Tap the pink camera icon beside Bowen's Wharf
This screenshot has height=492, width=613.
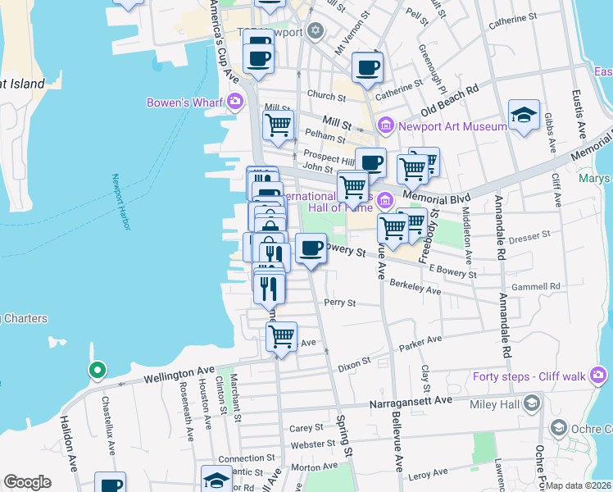click(236, 102)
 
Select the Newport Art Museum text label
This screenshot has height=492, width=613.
click(452, 126)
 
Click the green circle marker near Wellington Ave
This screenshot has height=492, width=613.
click(97, 371)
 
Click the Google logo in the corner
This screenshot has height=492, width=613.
click(27, 482)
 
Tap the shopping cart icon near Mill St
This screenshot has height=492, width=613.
click(278, 125)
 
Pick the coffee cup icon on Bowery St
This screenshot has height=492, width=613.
click(310, 248)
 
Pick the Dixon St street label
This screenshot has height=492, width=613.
click(355, 360)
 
